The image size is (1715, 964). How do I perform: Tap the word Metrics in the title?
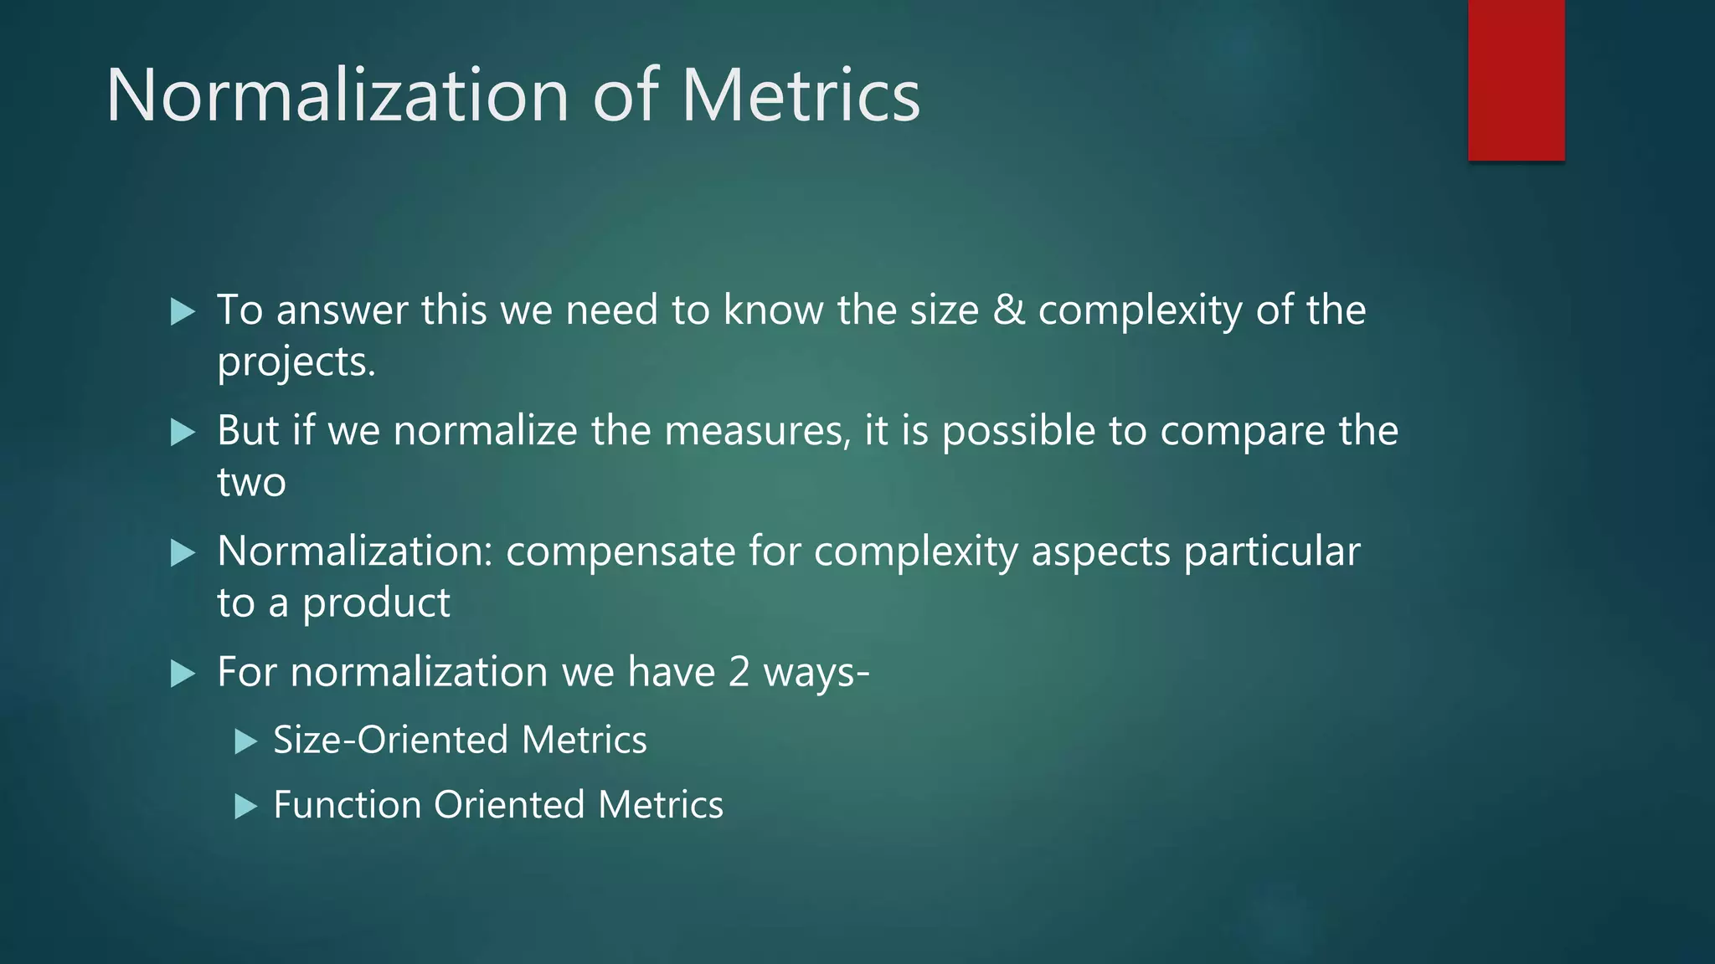(x=801, y=95)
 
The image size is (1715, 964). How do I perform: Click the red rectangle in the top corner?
(x=1516, y=79)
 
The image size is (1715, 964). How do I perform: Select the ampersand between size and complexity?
(x=1008, y=310)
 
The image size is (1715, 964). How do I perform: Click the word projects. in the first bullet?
(x=296, y=363)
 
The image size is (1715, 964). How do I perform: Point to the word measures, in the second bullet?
(x=757, y=431)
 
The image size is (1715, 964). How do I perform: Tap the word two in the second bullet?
(x=251, y=483)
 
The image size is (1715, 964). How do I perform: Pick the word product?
(x=376, y=603)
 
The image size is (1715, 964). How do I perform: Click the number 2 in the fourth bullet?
(x=739, y=672)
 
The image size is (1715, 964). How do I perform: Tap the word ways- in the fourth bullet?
(x=816, y=674)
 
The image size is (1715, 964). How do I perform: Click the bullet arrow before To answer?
(x=182, y=312)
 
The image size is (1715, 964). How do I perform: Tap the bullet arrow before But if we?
(x=182, y=433)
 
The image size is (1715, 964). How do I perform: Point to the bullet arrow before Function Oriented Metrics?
(x=245, y=807)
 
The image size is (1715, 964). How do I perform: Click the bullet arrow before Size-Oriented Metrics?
(x=245, y=741)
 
